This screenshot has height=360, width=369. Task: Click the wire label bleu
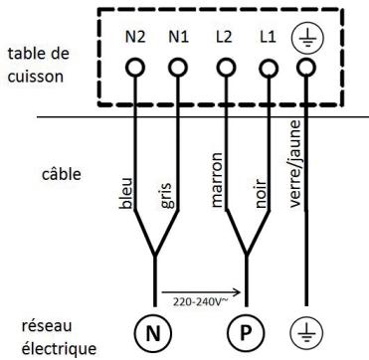tap(129, 198)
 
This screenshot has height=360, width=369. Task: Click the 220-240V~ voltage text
tap(199, 299)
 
